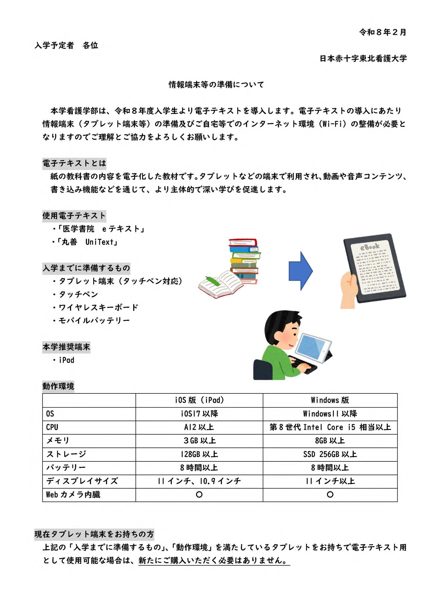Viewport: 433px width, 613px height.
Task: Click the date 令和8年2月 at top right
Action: (x=382, y=32)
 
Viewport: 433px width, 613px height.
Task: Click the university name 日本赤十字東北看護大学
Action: (x=363, y=58)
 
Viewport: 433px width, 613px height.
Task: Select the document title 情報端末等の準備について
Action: (x=216, y=85)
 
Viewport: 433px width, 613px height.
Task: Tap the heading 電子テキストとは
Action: (x=74, y=163)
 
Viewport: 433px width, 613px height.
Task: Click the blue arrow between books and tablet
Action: (x=300, y=271)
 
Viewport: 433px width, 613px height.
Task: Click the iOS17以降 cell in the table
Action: (x=199, y=414)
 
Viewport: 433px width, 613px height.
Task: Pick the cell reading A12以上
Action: (x=199, y=427)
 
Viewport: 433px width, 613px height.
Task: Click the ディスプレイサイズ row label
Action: (x=82, y=481)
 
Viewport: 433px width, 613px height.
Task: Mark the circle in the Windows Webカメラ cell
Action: (x=330, y=494)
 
